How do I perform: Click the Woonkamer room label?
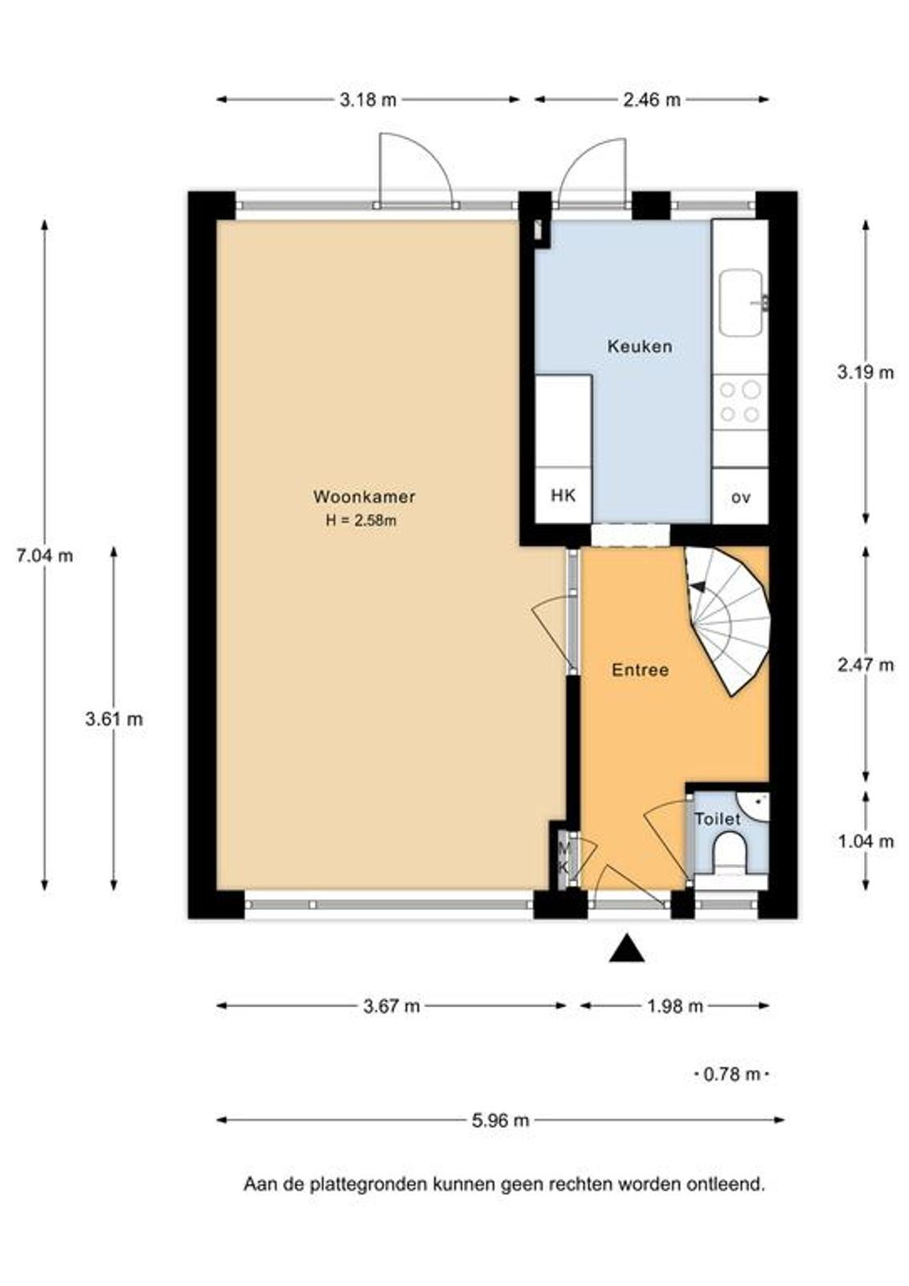pyautogui.click(x=363, y=497)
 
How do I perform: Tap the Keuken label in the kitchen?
pyautogui.click(x=640, y=346)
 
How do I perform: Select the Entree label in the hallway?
pyautogui.click(x=641, y=670)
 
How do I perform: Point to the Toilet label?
pyautogui.click(x=718, y=819)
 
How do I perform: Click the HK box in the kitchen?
pyautogui.click(x=563, y=495)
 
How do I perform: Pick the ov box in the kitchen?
pyautogui.click(x=739, y=495)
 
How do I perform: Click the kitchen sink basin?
pyautogui.click(x=742, y=303)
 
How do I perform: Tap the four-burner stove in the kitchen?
pyautogui.click(x=739, y=402)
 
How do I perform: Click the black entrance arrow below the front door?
pyautogui.click(x=626, y=948)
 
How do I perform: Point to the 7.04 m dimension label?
pyautogui.click(x=45, y=555)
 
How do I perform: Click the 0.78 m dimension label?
pyautogui.click(x=731, y=1074)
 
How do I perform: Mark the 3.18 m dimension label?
pyautogui.click(x=367, y=100)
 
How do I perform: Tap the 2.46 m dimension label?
pyautogui.click(x=652, y=100)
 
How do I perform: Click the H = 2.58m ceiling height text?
pyautogui.click(x=361, y=521)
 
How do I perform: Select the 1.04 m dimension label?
pyautogui.click(x=866, y=842)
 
